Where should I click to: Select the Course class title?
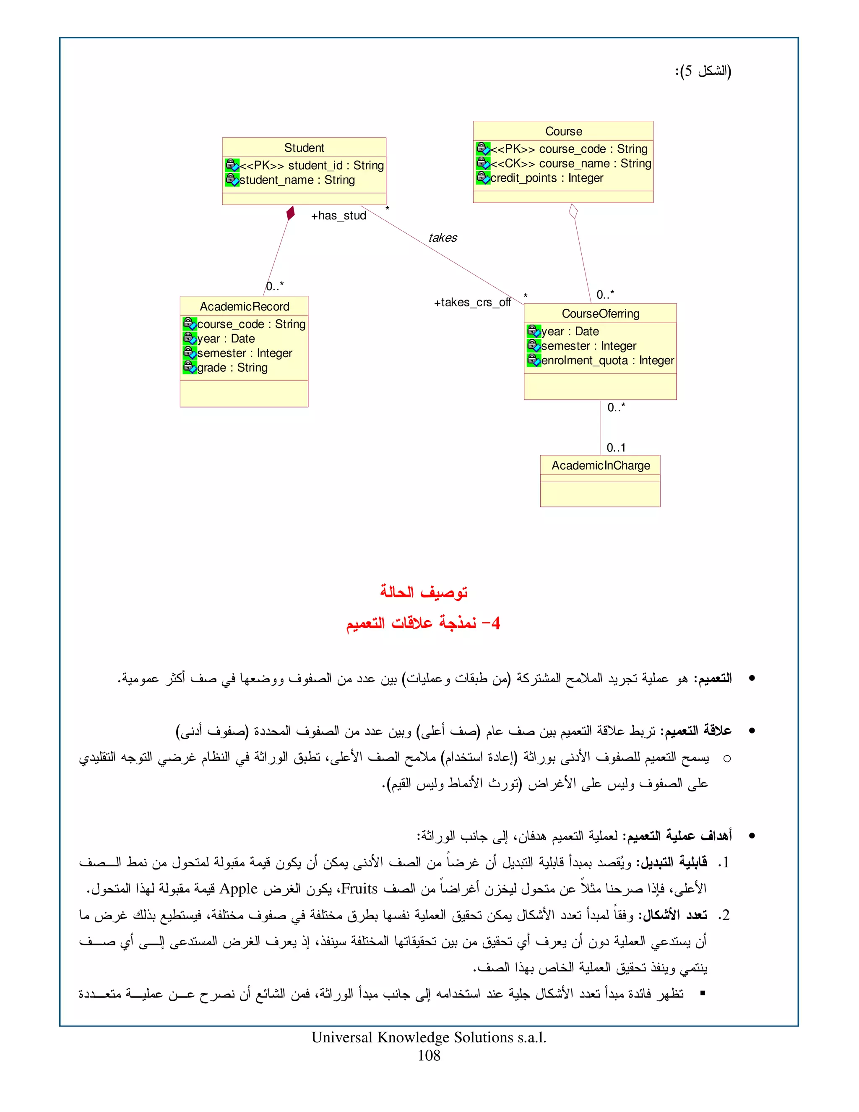(x=563, y=131)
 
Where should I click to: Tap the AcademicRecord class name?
(x=244, y=306)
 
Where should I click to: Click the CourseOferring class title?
(x=601, y=313)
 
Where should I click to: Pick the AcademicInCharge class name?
(x=601, y=465)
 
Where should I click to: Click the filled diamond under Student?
(x=291, y=213)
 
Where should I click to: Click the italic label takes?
(x=442, y=238)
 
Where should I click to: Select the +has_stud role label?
(x=338, y=216)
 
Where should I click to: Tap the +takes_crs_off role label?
(x=472, y=303)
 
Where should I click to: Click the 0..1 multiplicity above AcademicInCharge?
(x=616, y=448)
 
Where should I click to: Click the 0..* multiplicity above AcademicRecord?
(x=275, y=286)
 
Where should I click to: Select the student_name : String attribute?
(x=297, y=180)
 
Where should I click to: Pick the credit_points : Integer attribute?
(x=547, y=178)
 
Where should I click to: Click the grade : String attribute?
(x=232, y=368)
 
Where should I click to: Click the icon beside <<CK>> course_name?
(x=482, y=163)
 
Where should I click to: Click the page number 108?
(x=429, y=1055)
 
